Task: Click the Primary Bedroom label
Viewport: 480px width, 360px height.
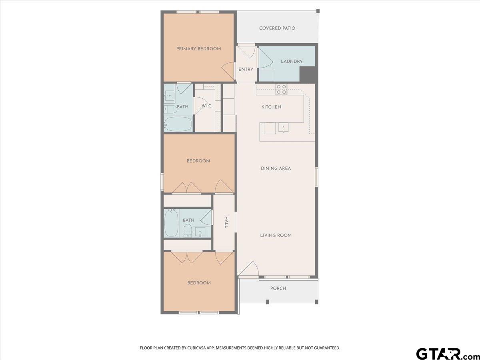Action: [198, 49]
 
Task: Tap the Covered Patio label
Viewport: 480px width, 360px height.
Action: [277, 28]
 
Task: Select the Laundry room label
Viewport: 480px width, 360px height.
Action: [292, 62]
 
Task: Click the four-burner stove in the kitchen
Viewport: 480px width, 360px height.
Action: [281, 89]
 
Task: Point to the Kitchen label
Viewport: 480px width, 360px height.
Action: [271, 107]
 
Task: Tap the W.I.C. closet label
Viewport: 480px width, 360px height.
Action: [207, 106]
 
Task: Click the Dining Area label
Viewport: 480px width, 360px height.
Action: [276, 168]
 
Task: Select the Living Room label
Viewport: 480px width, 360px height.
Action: [276, 235]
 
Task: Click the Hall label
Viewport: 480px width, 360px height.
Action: [226, 222]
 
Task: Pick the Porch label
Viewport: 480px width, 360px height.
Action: [278, 288]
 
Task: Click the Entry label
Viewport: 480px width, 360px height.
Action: [246, 70]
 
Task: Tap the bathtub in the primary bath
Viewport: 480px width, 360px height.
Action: [178, 124]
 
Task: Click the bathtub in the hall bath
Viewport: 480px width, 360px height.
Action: [171, 223]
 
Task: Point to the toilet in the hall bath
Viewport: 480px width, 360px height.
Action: [188, 231]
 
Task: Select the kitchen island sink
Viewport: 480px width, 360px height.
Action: [284, 128]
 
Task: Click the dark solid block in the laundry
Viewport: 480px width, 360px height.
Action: [307, 74]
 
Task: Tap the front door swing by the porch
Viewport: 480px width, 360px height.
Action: [249, 269]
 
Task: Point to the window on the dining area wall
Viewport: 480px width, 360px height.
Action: [316, 177]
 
